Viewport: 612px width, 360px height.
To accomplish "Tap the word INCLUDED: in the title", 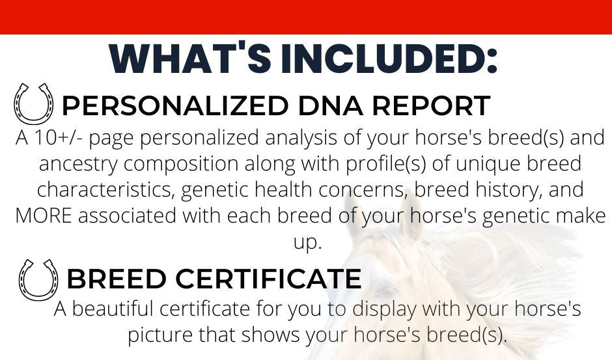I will (x=384, y=59).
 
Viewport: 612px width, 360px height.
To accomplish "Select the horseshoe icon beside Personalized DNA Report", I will (x=34, y=104).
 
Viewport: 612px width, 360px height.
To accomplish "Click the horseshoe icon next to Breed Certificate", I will (x=38, y=279).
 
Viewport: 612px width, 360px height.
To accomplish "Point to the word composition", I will (x=185, y=164).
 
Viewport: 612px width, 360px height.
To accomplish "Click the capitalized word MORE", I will (x=46, y=215).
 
